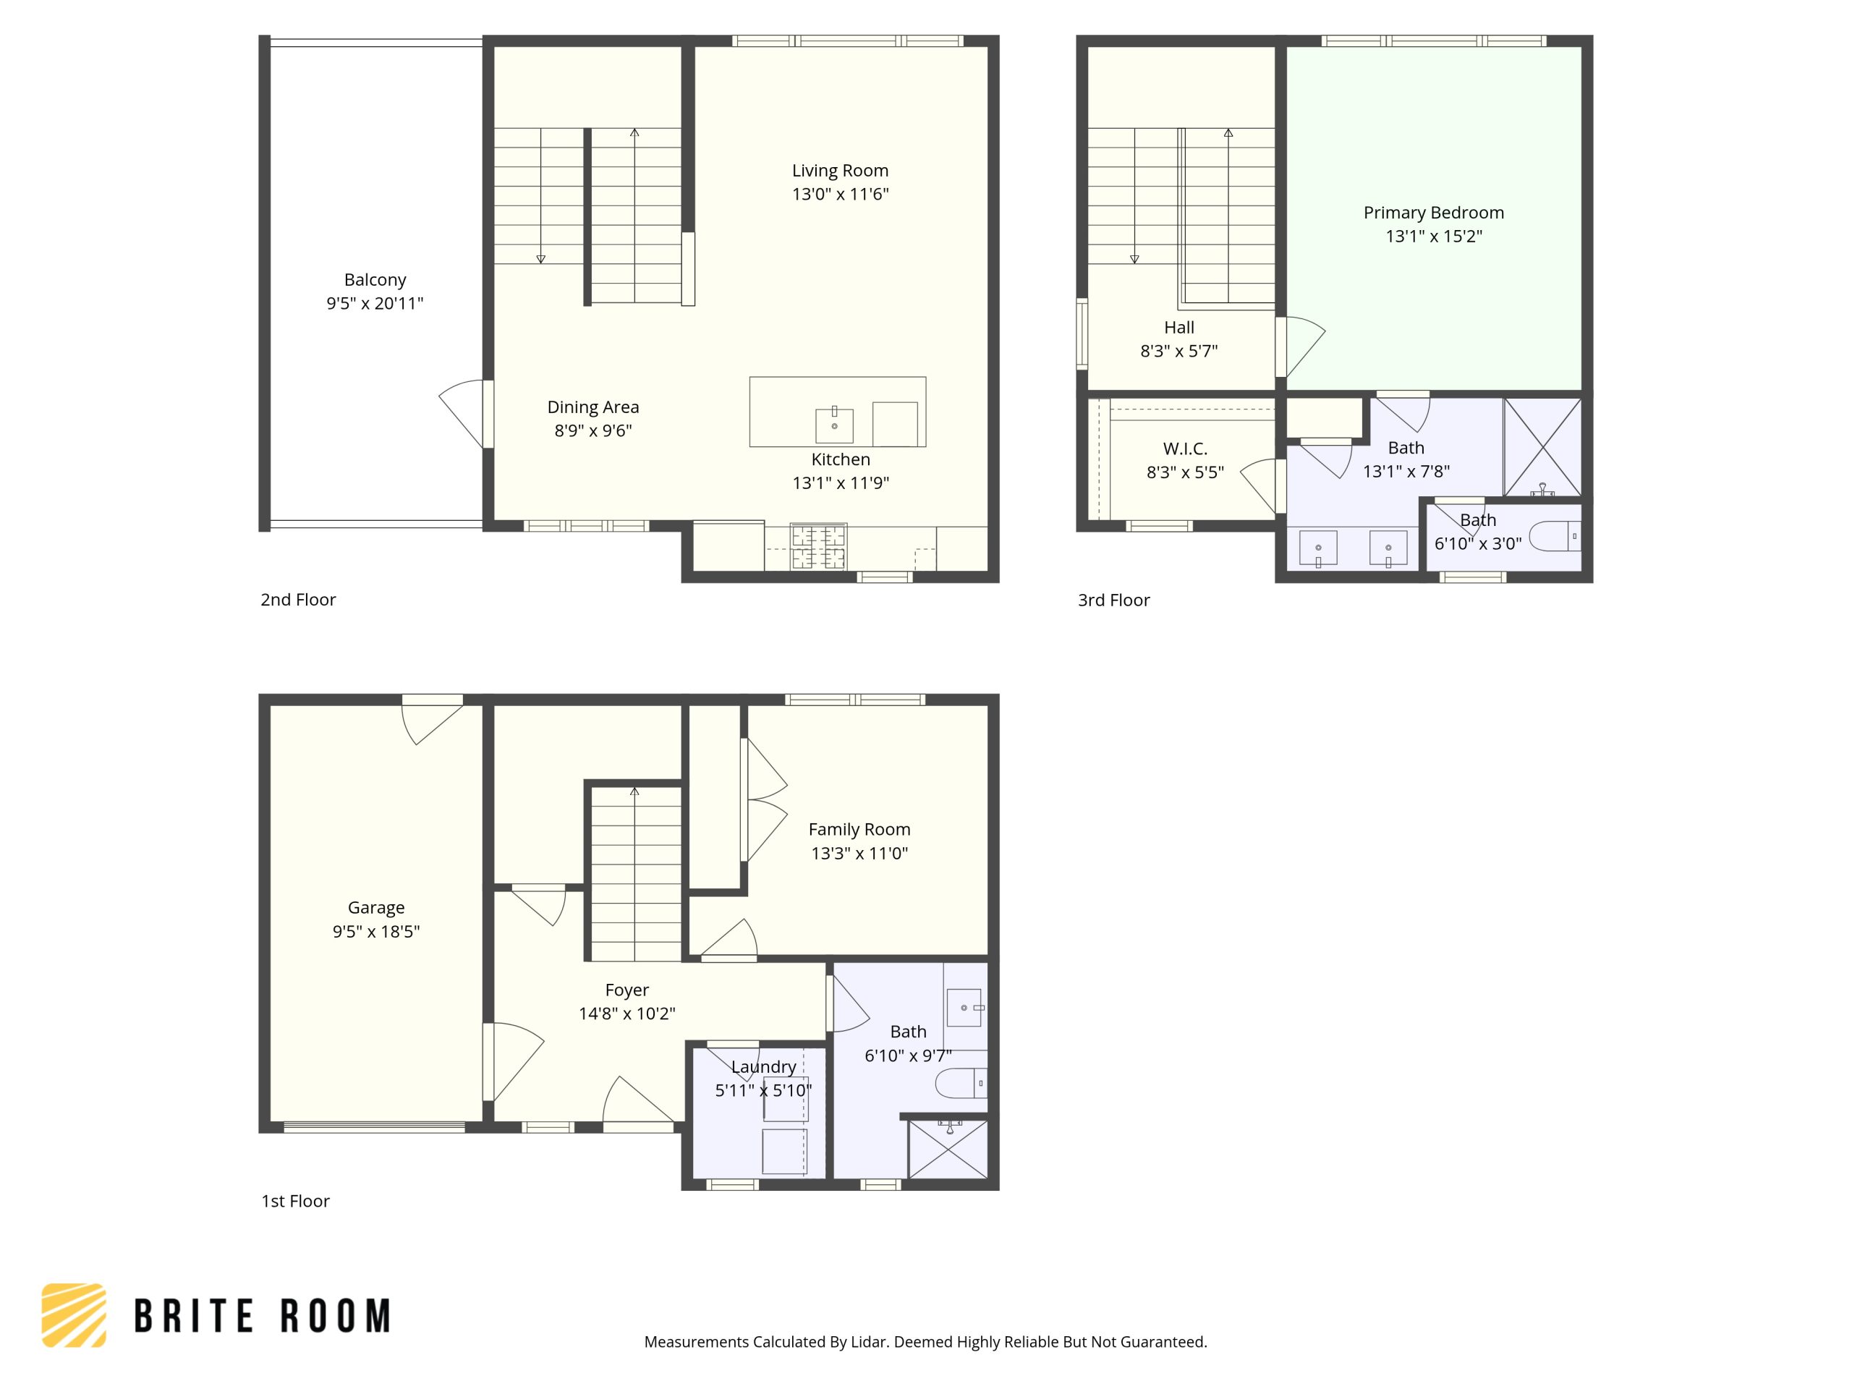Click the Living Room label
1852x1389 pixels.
coord(840,171)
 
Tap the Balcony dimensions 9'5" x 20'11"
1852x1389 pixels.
coord(375,303)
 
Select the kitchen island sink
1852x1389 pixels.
coord(834,425)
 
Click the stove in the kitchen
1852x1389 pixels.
coord(818,547)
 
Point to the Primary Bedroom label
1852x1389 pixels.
coord(1433,213)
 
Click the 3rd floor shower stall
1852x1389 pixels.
coord(1542,447)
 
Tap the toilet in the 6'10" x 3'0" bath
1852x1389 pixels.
coord(1554,536)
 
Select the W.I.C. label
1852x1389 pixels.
coord(1185,449)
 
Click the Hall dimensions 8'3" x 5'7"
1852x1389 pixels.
coord(1179,351)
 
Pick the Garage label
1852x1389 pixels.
coord(376,908)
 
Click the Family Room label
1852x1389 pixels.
coord(859,829)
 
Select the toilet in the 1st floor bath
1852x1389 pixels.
coord(959,1082)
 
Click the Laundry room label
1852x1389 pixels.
coord(763,1066)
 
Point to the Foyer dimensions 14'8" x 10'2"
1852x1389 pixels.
coord(626,1013)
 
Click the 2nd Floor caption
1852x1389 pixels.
coord(298,600)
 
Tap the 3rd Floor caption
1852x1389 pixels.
coord(1113,600)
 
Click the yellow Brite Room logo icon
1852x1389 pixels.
coord(74,1314)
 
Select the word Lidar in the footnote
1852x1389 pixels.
coord(869,1342)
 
